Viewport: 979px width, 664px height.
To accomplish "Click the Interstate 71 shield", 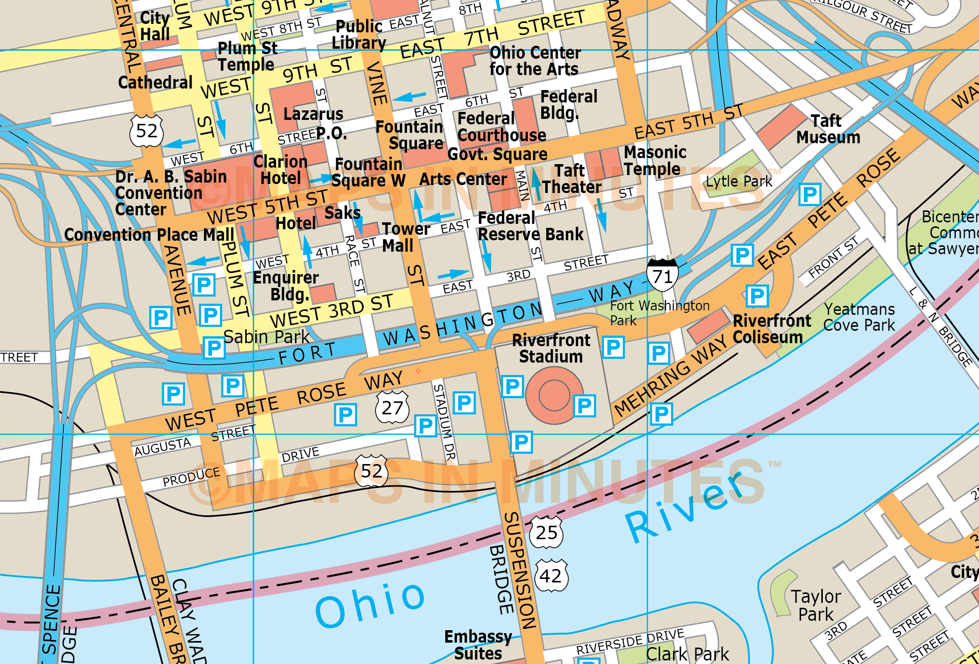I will pos(662,275).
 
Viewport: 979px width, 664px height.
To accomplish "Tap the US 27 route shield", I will pos(392,408).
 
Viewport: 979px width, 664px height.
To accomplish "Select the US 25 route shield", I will pos(546,533).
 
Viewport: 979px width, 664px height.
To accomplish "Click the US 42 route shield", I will pos(551,576).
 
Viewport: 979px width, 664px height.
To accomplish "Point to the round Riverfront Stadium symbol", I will pos(554,395).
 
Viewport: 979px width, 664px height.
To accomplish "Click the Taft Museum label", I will pos(828,129).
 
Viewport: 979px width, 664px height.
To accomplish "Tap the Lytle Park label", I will pos(739,182).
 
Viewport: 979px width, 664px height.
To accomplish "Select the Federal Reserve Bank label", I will pos(530,226).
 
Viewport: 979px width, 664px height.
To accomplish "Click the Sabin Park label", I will pos(266,337).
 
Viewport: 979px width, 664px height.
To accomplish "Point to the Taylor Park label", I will pos(816,605).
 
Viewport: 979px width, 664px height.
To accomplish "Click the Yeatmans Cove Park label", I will pos(859,317).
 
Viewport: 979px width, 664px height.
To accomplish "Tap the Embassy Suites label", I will pos(478,645).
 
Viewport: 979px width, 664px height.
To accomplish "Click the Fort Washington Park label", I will pos(659,313).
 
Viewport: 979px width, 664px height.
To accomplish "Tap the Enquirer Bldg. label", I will pos(286,285).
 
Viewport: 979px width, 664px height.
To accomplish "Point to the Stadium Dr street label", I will pos(444,423).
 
